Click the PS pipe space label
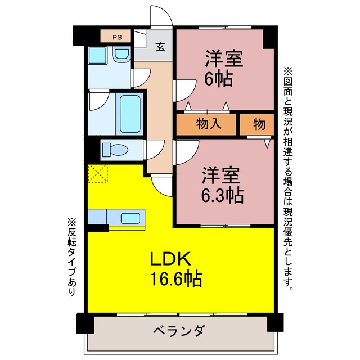coord(116,37)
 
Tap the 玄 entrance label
coord(160,47)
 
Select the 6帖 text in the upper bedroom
coord(219,79)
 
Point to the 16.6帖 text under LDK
coord(175,278)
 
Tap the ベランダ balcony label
coord(178,330)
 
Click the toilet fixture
coord(116,150)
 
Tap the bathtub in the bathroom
coord(129,112)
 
